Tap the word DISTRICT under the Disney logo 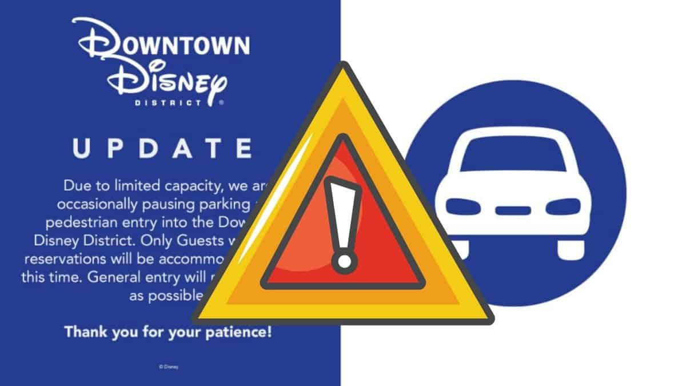tap(166, 104)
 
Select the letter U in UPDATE tap(81, 148)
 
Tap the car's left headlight tap(463, 206)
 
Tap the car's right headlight tap(563, 206)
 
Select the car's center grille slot tap(513, 210)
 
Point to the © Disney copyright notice tap(169, 366)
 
